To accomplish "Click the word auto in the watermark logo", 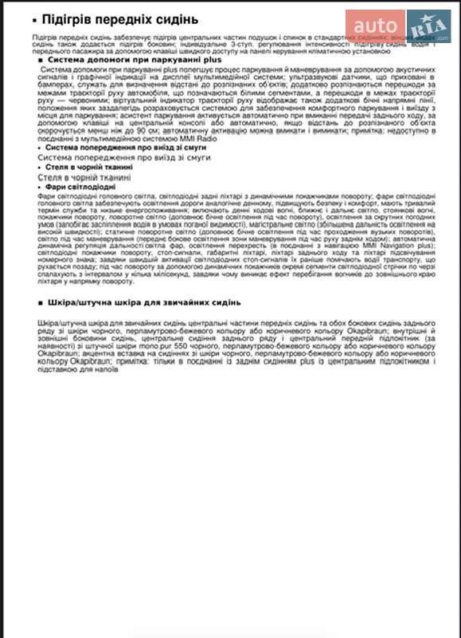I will [x=373, y=25].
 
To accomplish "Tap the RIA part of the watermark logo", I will [x=428, y=24].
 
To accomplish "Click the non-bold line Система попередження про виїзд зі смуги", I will [x=124, y=158].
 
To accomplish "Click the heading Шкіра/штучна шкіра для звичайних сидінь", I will [x=144, y=303].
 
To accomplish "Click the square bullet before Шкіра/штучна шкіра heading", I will [x=41, y=303].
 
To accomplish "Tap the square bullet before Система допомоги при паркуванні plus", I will [x=41, y=61].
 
